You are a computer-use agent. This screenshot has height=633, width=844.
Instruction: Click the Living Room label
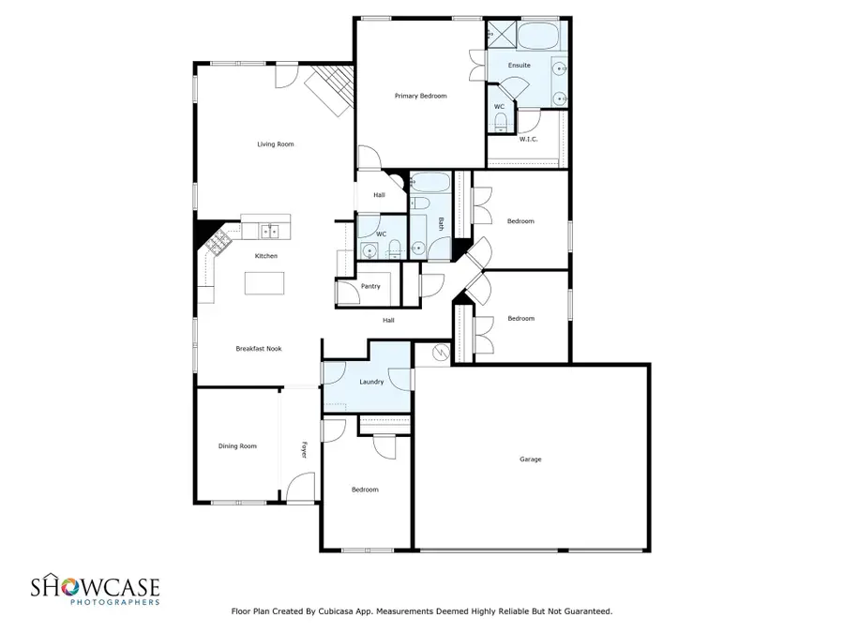click(x=276, y=144)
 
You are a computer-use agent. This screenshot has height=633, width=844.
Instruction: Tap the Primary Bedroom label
click(x=420, y=96)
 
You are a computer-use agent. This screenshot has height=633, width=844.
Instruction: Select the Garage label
click(x=531, y=460)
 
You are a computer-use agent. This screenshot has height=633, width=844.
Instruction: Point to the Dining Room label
click(x=237, y=446)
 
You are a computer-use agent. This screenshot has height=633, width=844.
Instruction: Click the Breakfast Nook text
click(x=258, y=349)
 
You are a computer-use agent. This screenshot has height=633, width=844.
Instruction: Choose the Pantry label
click(x=370, y=286)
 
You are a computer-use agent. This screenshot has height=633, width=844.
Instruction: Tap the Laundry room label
click(x=371, y=382)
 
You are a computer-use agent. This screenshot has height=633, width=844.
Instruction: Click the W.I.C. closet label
click(x=528, y=139)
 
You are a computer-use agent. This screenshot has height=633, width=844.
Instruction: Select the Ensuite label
click(x=519, y=65)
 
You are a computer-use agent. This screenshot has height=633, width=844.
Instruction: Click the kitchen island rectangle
click(x=264, y=283)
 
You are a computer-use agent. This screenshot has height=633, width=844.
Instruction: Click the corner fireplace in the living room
click(x=331, y=90)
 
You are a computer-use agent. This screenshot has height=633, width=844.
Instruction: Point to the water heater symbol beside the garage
click(x=441, y=354)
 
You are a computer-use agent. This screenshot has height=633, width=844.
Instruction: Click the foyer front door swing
click(x=299, y=487)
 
